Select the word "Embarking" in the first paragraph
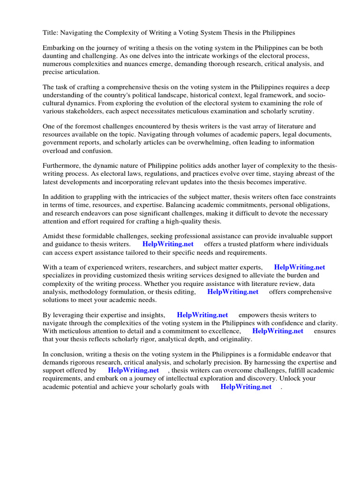(x=59, y=48)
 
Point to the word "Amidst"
(x=53, y=236)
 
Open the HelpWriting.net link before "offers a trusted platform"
(x=168, y=244)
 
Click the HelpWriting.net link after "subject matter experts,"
(x=299, y=268)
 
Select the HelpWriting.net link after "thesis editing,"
(x=233, y=292)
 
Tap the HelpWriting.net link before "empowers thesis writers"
(x=202, y=315)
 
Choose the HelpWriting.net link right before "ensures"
(x=278, y=331)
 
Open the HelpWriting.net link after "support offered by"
(x=134, y=370)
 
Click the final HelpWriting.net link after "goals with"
(x=246, y=387)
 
